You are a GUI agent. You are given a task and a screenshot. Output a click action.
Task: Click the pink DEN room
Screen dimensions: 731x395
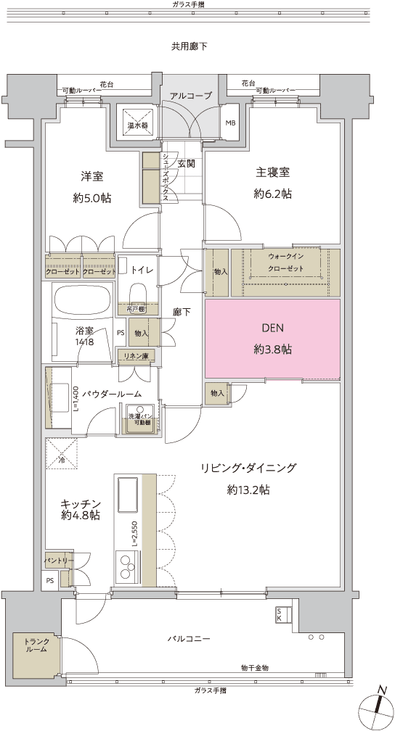(272, 339)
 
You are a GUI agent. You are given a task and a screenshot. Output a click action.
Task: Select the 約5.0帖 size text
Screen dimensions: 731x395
(97, 198)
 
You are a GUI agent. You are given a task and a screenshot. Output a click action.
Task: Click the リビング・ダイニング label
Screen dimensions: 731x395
(249, 468)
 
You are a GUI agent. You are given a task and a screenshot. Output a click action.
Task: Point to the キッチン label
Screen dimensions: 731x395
(80, 503)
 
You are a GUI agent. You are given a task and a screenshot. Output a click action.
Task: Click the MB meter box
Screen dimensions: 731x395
(230, 123)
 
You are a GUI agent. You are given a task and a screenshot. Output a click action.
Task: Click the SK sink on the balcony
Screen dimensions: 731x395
(281, 615)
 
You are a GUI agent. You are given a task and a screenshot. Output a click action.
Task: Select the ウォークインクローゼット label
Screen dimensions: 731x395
(285, 263)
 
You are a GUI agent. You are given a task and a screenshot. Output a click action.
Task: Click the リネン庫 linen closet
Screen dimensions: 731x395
(136, 356)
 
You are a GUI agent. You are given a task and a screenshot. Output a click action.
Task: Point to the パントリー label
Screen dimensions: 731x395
(58, 561)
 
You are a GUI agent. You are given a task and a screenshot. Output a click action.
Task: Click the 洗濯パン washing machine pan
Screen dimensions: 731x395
(140, 420)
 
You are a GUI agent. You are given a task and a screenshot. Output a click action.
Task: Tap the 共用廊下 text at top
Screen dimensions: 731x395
(190, 46)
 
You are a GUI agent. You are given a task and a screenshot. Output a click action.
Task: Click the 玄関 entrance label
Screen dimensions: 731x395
(186, 164)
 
